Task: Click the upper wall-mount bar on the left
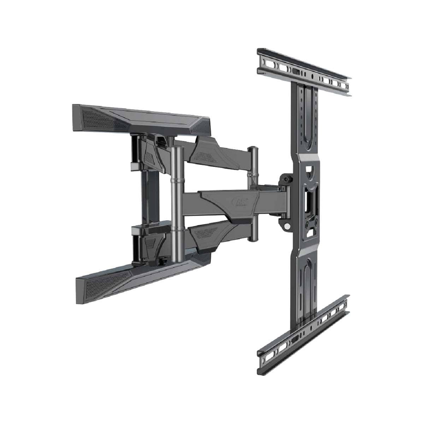(141, 117)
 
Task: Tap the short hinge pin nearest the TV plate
(253, 194)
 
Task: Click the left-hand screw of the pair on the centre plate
(306, 222)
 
